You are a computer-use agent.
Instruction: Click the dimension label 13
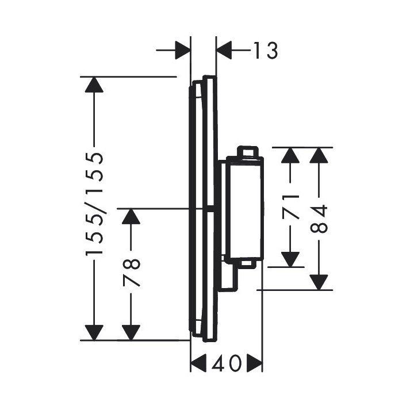pos(265,51)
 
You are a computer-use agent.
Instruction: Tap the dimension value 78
pos(132,273)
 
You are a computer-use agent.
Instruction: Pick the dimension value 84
pos(320,218)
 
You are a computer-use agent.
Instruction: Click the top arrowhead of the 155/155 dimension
pos(94,85)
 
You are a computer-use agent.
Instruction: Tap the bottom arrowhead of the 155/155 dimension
pos(94,332)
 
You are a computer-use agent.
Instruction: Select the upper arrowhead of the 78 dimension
pos(132,216)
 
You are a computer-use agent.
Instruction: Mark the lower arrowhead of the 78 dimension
pos(132,332)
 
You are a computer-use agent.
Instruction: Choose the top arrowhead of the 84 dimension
pos(320,156)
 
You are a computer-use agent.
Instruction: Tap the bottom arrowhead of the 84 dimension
pos(320,282)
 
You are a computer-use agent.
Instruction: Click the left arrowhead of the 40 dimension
pos(199,363)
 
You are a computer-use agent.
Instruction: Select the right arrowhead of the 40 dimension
pos(254,363)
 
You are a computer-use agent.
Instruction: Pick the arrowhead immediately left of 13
pos(225,51)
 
